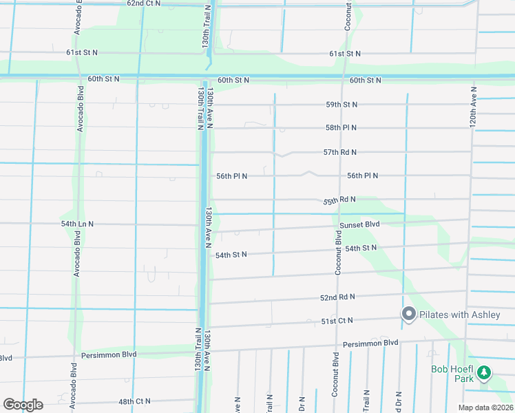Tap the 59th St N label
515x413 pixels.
click(341, 105)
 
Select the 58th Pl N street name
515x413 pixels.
click(341, 128)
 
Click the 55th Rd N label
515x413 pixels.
click(339, 200)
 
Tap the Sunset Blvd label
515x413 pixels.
click(359, 224)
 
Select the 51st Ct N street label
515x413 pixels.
click(337, 321)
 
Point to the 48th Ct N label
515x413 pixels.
click(134, 401)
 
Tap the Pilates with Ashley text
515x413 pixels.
click(461, 315)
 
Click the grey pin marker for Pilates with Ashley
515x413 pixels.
click(408, 315)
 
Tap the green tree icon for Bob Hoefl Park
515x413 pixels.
click(484, 372)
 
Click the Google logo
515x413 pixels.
click(23, 404)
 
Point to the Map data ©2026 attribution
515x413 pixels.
click(485, 407)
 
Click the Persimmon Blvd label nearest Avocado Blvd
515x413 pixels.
click(108, 354)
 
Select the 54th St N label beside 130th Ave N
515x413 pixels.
click(231, 255)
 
